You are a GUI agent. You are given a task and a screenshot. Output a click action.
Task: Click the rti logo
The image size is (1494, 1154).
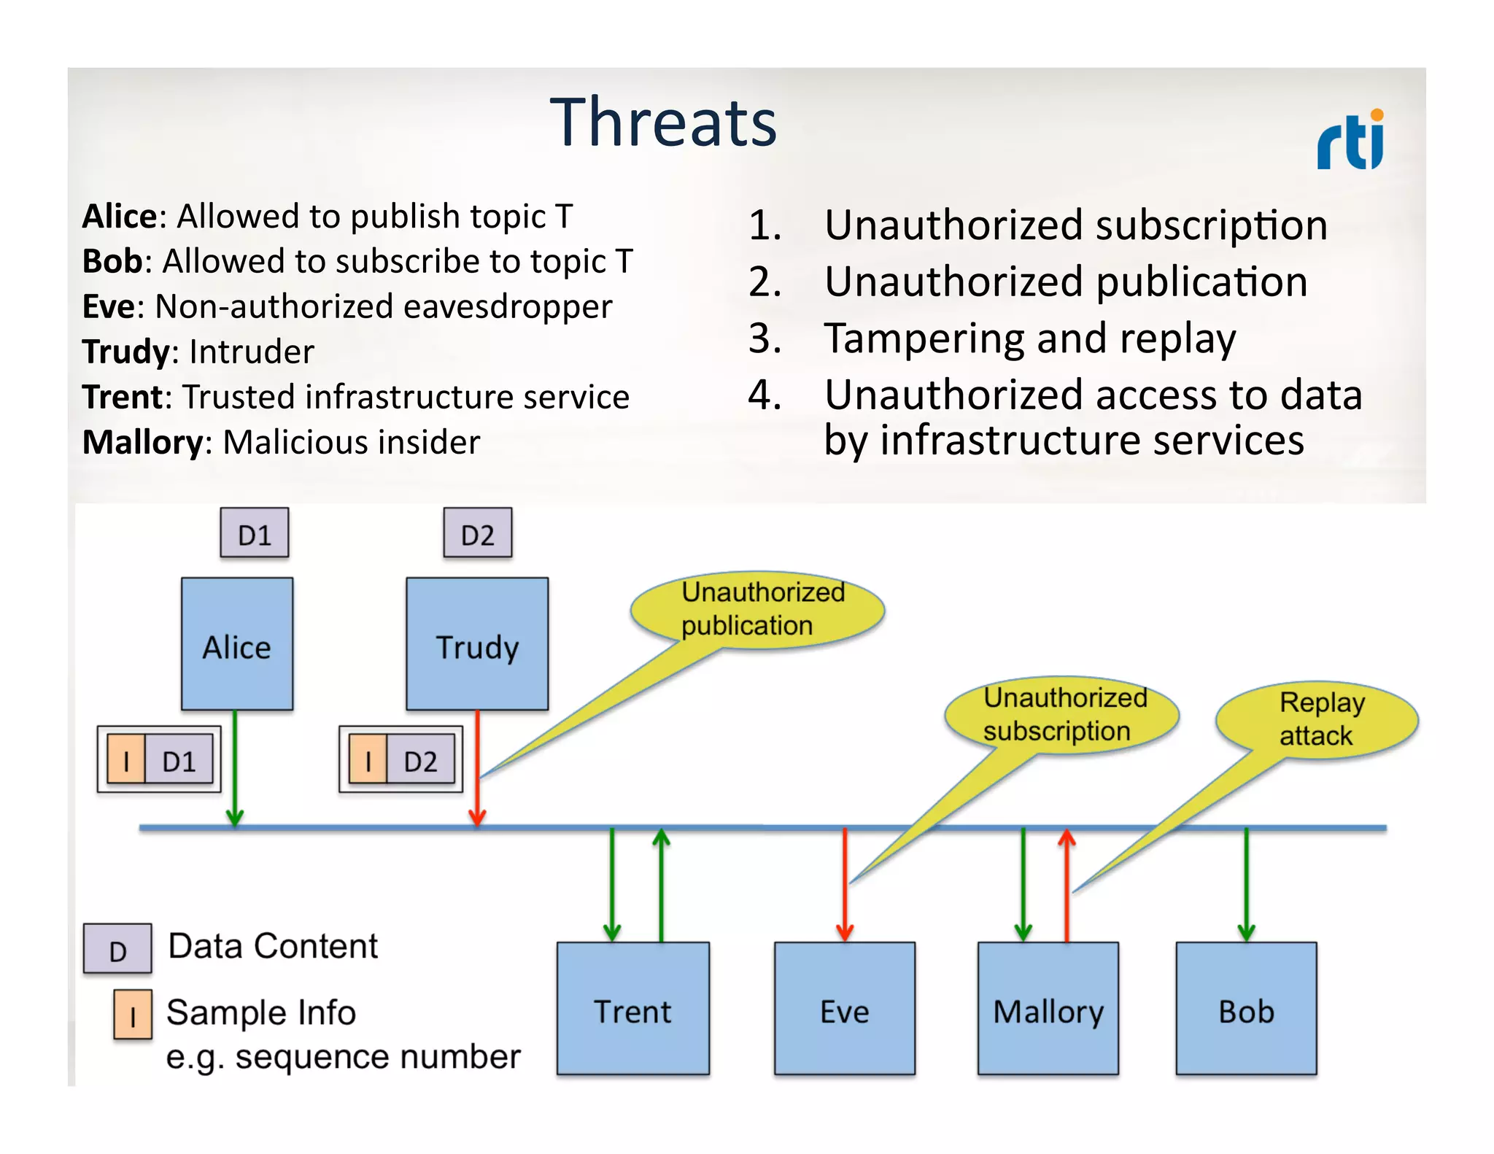(1350, 140)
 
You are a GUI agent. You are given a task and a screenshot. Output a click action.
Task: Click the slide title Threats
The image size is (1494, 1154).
(663, 123)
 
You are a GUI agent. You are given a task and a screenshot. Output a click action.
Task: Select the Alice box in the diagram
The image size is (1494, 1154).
(237, 644)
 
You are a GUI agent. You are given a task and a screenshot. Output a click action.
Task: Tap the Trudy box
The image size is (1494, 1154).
(477, 644)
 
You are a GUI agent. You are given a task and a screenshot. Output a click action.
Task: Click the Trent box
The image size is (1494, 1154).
(632, 1009)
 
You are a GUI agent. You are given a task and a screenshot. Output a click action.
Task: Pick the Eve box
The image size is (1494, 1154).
(844, 1009)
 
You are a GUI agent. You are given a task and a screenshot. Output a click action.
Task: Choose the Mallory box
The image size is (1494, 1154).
(1048, 1009)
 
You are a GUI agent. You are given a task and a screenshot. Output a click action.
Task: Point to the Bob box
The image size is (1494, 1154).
(1246, 1009)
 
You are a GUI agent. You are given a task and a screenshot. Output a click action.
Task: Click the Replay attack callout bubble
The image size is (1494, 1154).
(1317, 719)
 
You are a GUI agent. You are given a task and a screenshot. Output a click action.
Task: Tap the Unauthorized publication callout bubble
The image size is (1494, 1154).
(759, 610)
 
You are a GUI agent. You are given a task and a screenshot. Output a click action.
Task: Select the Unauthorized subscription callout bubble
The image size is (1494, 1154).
(1062, 715)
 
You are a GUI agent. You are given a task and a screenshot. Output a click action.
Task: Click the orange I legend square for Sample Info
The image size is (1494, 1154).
(133, 1015)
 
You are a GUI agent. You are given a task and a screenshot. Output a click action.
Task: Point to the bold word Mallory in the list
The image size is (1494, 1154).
(143, 442)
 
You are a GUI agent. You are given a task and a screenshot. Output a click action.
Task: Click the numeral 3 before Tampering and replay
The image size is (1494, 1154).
(764, 338)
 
